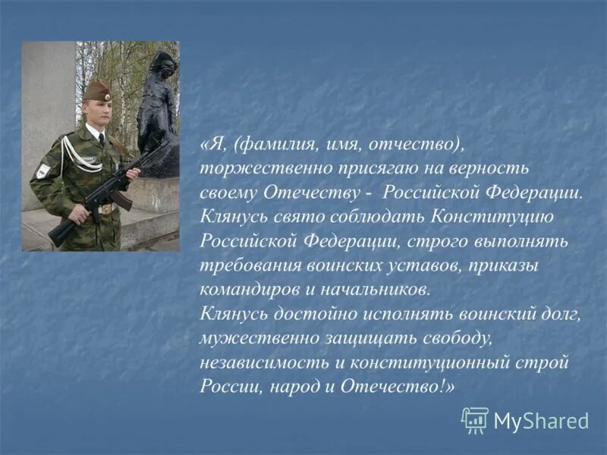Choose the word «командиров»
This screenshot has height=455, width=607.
point(241,289)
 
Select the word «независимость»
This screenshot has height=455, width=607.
point(256,362)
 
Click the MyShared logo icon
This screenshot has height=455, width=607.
point(475,419)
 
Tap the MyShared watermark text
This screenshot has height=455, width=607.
point(541,421)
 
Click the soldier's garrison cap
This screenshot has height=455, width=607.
point(97,93)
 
